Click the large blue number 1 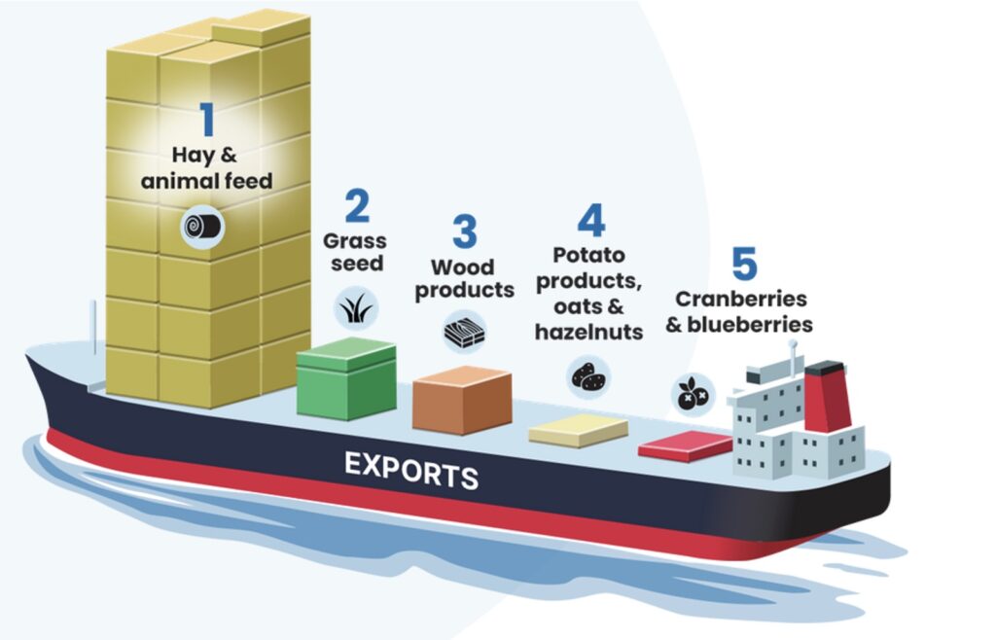(x=207, y=118)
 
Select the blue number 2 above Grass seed (x=357, y=206)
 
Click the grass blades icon (x=354, y=309)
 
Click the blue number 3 (x=464, y=232)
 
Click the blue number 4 (x=589, y=220)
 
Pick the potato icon (x=587, y=374)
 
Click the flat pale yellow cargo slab (x=581, y=429)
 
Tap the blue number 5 (x=743, y=264)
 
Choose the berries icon (x=693, y=394)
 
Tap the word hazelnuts (x=588, y=332)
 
